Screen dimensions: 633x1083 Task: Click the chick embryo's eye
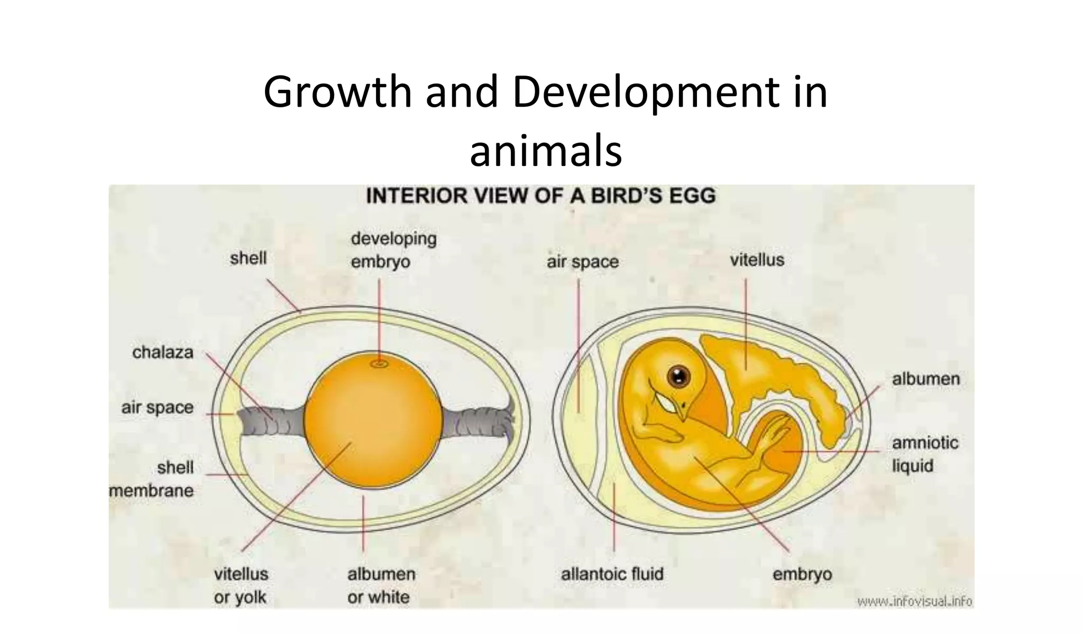[x=678, y=376]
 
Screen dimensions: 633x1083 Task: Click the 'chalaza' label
[x=163, y=352]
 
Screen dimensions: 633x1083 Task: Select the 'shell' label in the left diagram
[x=248, y=258]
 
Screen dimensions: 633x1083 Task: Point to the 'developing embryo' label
[x=393, y=250]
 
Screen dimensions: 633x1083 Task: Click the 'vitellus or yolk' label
[x=241, y=585]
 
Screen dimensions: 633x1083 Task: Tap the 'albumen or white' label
[x=381, y=585]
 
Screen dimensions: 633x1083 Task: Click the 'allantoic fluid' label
[x=612, y=574]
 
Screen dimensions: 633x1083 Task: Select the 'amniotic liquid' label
[x=924, y=454]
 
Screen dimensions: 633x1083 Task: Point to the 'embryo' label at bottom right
[x=802, y=574]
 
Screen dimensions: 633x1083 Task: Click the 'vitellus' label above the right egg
[x=757, y=260]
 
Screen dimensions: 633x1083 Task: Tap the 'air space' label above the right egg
[x=582, y=262]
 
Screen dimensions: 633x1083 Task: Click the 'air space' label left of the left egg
[x=157, y=408]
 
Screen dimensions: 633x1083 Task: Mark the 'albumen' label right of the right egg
[x=925, y=379]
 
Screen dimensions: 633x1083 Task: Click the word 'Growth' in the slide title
[x=337, y=92]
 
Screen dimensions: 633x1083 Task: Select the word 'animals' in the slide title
[x=545, y=152]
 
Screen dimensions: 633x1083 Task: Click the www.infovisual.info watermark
[x=914, y=601]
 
